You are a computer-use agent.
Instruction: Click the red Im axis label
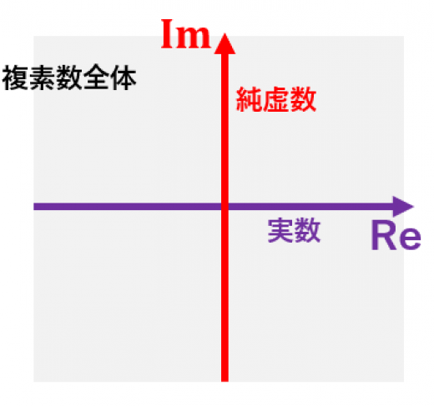pyautogui.click(x=186, y=34)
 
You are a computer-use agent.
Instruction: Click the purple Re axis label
pyautogui.click(x=396, y=236)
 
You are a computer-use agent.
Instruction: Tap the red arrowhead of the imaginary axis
pyautogui.click(x=225, y=43)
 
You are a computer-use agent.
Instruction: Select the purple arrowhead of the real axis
pyautogui.click(x=403, y=207)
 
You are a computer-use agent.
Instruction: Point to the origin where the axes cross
pyautogui.click(x=225, y=207)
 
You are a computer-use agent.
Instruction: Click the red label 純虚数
pyautogui.click(x=276, y=99)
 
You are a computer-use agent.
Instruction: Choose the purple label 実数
pyautogui.click(x=294, y=230)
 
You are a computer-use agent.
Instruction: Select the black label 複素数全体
pyautogui.click(x=69, y=78)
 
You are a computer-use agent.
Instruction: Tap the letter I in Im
pyautogui.click(x=167, y=34)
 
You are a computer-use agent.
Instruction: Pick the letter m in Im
pyautogui.click(x=194, y=38)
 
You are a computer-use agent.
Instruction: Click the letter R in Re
pyautogui.click(x=383, y=235)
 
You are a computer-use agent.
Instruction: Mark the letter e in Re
pyautogui.click(x=409, y=239)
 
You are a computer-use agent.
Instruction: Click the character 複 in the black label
pyautogui.click(x=15, y=78)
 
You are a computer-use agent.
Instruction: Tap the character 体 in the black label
pyautogui.click(x=124, y=78)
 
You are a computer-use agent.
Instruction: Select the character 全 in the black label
pyautogui.click(x=96, y=78)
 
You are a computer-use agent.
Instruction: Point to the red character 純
pyautogui.click(x=249, y=99)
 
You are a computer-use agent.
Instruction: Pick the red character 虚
pyautogui.click(x=276, y=99)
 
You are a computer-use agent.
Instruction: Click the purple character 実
pyautogui.click(x=280, y=230)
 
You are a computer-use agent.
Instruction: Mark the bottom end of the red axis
pyautogui.click(x=225, y=381)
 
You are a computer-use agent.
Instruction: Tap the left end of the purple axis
pyautogui.click(x=34, y=207)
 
